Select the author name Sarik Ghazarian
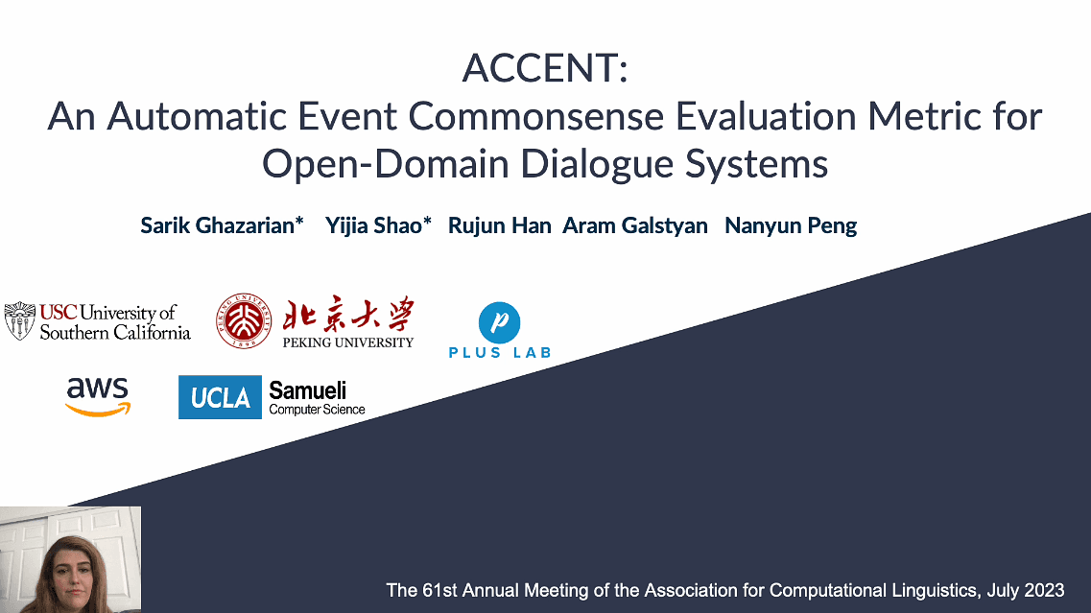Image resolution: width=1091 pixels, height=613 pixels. click(222, 226)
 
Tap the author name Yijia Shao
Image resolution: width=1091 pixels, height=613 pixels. click(378, 226)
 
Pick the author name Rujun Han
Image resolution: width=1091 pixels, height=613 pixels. click(500, 226)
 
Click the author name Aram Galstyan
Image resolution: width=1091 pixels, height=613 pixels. click(635, 226)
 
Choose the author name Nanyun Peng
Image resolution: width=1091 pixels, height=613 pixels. click(791, 226)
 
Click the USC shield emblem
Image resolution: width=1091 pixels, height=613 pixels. click(19, 320)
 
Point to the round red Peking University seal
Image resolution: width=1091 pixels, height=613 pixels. click(243, 320)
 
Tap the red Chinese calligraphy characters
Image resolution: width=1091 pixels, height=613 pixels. click(347, 315)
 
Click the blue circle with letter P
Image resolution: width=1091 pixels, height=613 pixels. click(499, 322)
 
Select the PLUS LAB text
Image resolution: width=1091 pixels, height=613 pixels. click(500, 352)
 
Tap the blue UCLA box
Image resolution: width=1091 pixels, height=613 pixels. click(220, 397)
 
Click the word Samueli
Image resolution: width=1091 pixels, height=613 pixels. click(307, 390)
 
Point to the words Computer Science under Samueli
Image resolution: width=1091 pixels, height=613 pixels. click(317, 410)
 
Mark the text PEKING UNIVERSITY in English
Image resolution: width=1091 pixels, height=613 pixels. click(347, 342)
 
